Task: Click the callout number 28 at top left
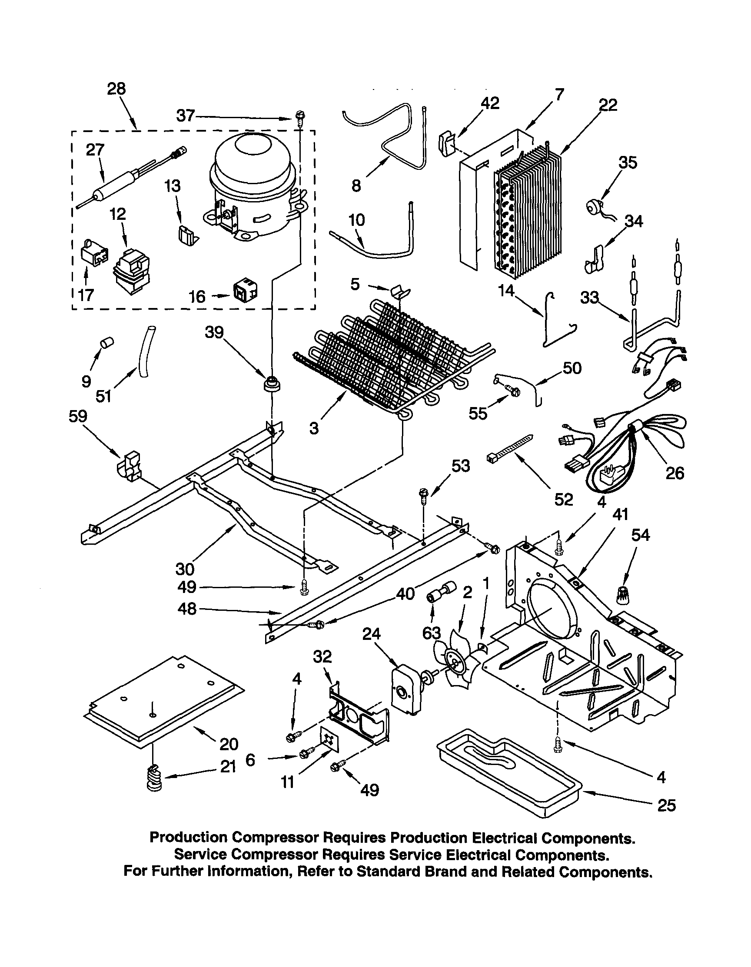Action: (x=116, y=89)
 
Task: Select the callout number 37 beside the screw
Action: (x=185, y=116)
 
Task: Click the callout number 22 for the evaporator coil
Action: (x=608, y=105)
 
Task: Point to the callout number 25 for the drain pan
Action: (x=666, y=805)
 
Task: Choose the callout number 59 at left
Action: (x=78, y=416)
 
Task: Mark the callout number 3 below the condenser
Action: (x=314, y=428)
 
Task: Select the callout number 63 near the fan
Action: (x=431, y=634)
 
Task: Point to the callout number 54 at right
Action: (x=641, y=535)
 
